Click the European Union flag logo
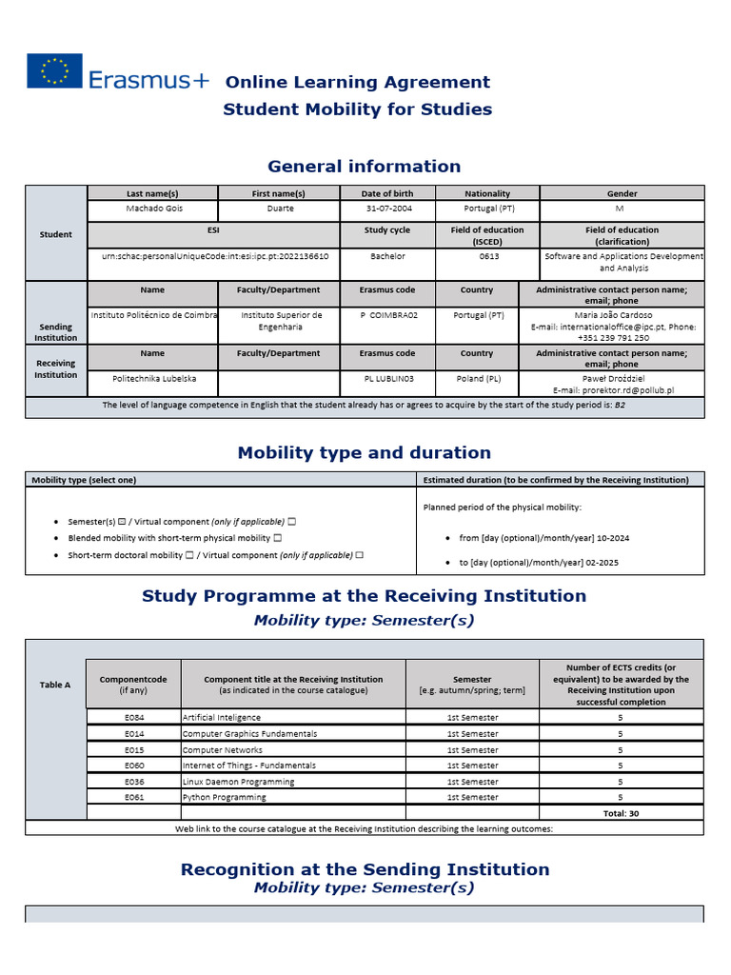point(54,71)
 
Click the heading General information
point(364,167)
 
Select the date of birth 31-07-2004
point(387,209)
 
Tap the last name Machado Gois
point(152,209)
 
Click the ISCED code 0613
point(487,256)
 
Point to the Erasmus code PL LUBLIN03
point(387,378)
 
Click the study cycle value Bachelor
point(387,256)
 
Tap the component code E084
point(133,717)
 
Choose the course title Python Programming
point(225,797)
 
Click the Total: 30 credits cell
point(621,813)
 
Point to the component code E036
point(133,781)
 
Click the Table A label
point(55,685)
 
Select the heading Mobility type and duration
point(364,453)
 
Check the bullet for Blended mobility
point(59,539)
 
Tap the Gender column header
point(622,193)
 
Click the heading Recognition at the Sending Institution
point(365,869)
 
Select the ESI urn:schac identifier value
point(214,256)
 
